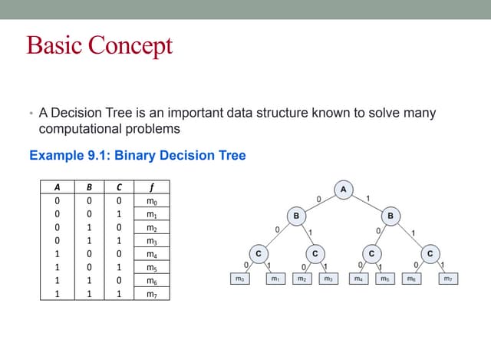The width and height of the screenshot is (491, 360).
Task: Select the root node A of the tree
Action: coord(343,189)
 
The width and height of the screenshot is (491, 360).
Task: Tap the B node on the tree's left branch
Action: coord(296,216)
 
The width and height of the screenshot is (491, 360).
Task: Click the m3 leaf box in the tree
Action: coord(328,279)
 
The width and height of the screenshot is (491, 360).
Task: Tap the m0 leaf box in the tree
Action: coord(242,279)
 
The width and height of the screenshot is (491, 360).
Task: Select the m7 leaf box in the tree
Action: coord(448,279)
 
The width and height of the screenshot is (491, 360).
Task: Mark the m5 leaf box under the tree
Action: coord(385,279)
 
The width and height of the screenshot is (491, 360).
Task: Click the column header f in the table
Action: coord(150,185)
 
